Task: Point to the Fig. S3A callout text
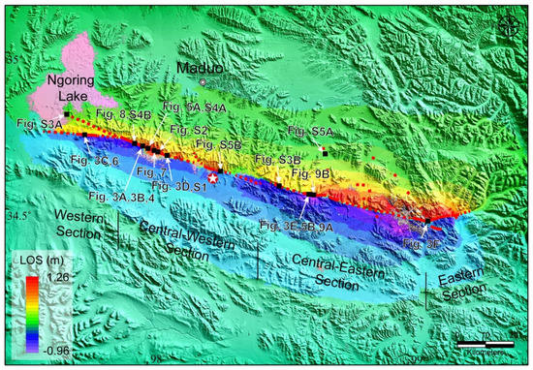38,124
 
